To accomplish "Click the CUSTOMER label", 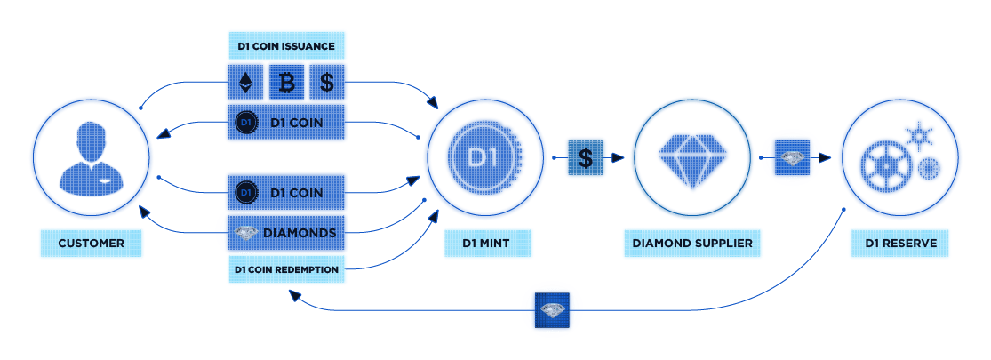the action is pos(91,244).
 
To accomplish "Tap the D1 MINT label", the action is pos(487,244).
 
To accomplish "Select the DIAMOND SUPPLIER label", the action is pos(692,244).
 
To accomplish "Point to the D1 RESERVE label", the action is pos(900,244).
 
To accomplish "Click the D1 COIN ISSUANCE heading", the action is pos(286,46).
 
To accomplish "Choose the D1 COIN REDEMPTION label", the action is pos(286,269).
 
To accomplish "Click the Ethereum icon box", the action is pos(245,82).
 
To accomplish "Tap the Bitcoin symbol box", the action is pos(286,82).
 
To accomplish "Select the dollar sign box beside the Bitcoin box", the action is pos(327,82).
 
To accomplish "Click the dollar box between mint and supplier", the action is pos(585,157).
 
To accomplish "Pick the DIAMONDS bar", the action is pos(286,233).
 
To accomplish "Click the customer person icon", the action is pos(91,157).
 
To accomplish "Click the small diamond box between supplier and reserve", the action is pos(793,157).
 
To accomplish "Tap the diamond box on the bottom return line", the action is pos(552,310).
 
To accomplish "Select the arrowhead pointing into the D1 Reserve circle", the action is pos(824,157).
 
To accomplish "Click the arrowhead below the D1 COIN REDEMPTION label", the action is pos(293,294).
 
